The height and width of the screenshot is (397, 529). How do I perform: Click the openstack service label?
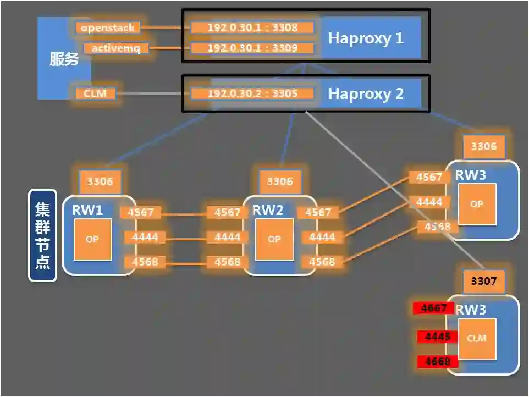pos(107,27)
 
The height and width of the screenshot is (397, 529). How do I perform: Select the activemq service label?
pos(115,48)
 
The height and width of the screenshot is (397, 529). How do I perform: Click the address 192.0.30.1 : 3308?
pos(252,27)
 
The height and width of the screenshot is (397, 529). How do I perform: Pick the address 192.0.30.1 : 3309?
pos(252,48)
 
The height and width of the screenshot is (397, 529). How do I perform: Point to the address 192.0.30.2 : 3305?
pos(252,93)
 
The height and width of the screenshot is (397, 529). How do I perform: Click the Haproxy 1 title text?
pos(366,38)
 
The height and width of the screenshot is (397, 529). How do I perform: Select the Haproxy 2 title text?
pos(366,93)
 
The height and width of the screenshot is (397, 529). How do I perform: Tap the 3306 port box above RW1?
pos(100,181)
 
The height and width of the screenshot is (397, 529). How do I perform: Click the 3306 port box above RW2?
pos(280,181)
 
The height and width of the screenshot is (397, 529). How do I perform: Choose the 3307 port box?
pos(484,282)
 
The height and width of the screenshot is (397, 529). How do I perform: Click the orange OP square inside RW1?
pos(92,239)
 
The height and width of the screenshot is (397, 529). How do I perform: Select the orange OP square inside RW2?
pos(273,239)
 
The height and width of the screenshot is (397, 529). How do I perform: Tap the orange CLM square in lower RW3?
pos(477,338)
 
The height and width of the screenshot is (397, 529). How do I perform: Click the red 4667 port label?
pos(434,308)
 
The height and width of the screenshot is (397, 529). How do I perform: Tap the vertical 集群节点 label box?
pos(42,235)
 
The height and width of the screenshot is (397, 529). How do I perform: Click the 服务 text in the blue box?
pos(64,59)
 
